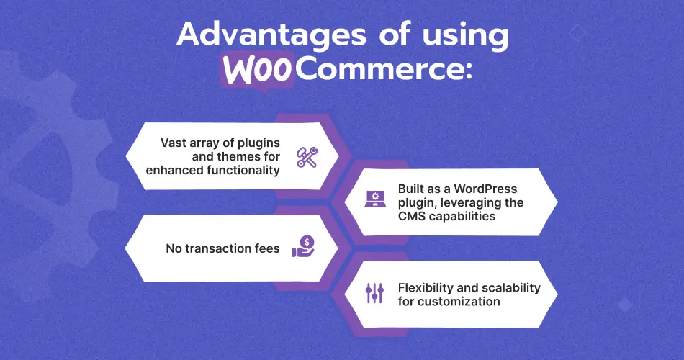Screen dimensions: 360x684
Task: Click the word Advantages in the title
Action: tap(266, 35)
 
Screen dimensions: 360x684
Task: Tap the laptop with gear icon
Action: tap(375, 201)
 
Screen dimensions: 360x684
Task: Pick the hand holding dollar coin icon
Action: tap(304, 247)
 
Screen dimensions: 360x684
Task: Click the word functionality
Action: tap(243, 171)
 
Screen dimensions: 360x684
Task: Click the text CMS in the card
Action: tap(412, 217)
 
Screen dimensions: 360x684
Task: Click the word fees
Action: tap(266, 249)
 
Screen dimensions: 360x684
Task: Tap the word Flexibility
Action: tap(426, 287)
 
